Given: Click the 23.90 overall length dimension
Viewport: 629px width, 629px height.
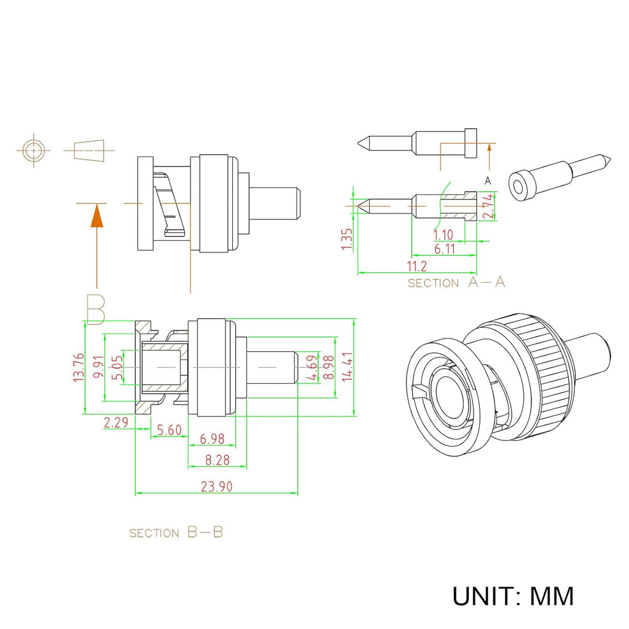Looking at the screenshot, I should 216,486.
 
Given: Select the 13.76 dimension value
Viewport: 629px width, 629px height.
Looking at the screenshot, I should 78,368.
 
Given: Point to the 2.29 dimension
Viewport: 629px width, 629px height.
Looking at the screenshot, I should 115,422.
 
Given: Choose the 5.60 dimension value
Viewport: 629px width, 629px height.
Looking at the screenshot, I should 169,430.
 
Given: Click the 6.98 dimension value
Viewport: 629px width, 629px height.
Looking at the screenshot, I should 213,439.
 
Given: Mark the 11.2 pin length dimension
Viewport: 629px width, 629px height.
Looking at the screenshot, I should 416,266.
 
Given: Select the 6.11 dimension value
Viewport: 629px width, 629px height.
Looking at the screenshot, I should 445,249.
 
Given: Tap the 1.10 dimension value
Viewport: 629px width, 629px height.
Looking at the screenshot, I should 443,235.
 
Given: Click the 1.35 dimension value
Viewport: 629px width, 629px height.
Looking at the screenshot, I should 347,240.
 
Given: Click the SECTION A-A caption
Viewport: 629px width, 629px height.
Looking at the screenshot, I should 456,283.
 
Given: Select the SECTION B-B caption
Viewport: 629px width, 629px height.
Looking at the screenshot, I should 176,533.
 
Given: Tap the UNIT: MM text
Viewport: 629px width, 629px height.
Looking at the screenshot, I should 513,596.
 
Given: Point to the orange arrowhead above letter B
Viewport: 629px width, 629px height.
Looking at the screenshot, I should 96,216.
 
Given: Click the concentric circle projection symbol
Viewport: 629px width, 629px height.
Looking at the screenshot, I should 33,150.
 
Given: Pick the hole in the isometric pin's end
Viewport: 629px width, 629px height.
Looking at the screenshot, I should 520,187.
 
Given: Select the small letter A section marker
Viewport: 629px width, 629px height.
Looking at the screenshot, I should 488,181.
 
